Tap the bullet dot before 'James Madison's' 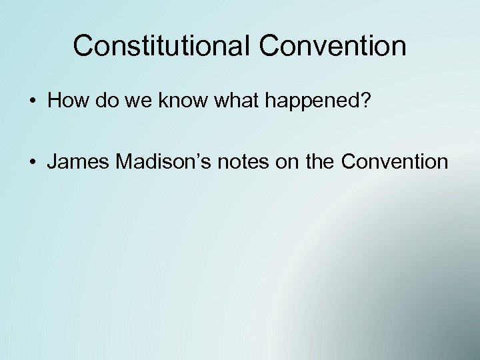32,161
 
